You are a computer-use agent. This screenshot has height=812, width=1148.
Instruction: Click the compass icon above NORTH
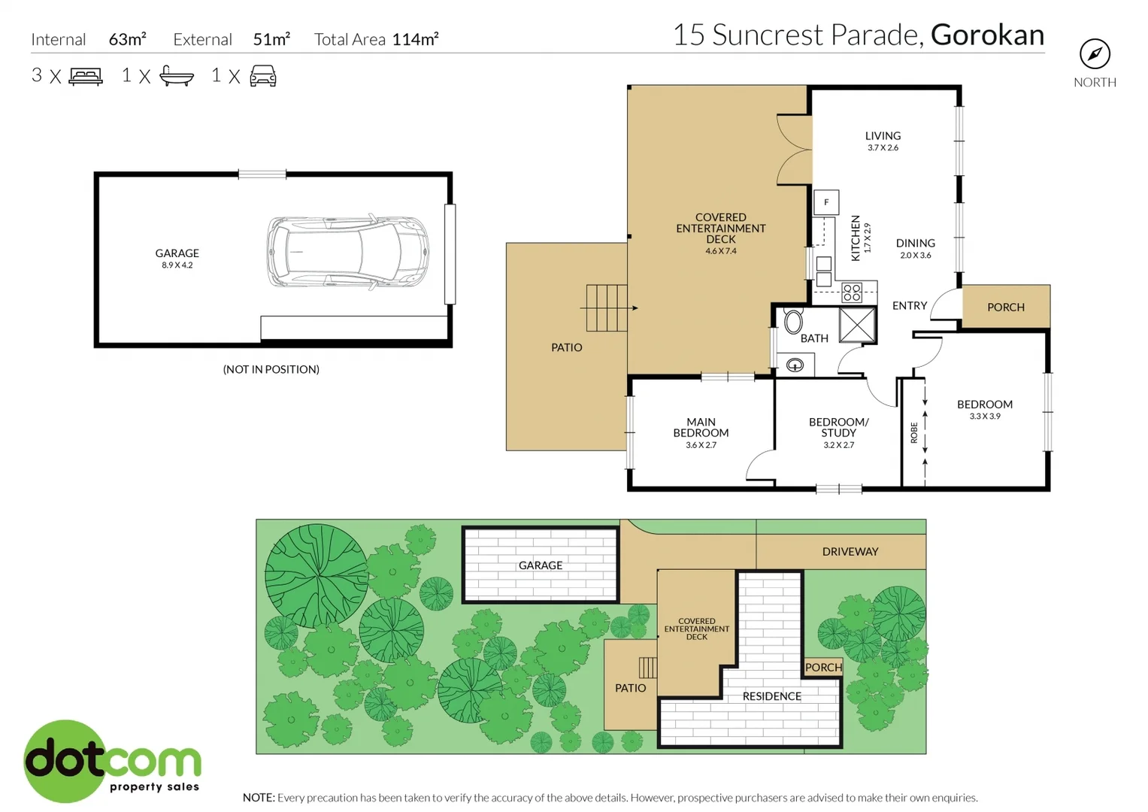point(1095,54)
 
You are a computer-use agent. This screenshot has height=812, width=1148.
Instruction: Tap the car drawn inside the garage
point(347,252)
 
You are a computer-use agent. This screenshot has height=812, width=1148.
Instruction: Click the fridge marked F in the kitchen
point(826,202)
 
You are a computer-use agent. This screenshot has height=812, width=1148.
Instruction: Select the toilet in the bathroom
point(793,322)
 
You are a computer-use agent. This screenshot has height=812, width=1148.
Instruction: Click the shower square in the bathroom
point(857,325)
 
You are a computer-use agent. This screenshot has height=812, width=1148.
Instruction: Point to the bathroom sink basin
point(795,365)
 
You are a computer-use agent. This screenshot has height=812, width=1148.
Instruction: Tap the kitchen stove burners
point(852,292)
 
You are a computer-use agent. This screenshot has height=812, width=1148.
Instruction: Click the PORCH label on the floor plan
point(1005,308)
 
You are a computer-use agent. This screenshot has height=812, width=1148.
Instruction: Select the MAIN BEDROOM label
point(701,427)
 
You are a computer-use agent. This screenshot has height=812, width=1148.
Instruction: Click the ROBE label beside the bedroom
point(914,432)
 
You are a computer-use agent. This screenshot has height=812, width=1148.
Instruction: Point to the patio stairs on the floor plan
point(606,308)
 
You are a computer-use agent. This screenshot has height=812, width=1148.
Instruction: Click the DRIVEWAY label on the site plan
point(850,552)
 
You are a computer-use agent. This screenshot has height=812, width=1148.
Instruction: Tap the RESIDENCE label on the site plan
point(771,696)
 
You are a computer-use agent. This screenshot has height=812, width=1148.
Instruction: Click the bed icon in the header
point(86,76)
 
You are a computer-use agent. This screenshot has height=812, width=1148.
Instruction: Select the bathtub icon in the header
point(177,76)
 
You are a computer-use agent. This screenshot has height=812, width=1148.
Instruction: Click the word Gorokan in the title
point(987,35)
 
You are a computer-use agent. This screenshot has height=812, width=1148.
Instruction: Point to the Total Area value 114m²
point(415,39)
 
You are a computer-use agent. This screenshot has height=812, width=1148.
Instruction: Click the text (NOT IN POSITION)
point(271,369)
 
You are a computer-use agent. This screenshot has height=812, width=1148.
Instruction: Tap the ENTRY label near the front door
point(909,306)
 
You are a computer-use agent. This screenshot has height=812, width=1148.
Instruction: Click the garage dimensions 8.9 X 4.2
point(177,265)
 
